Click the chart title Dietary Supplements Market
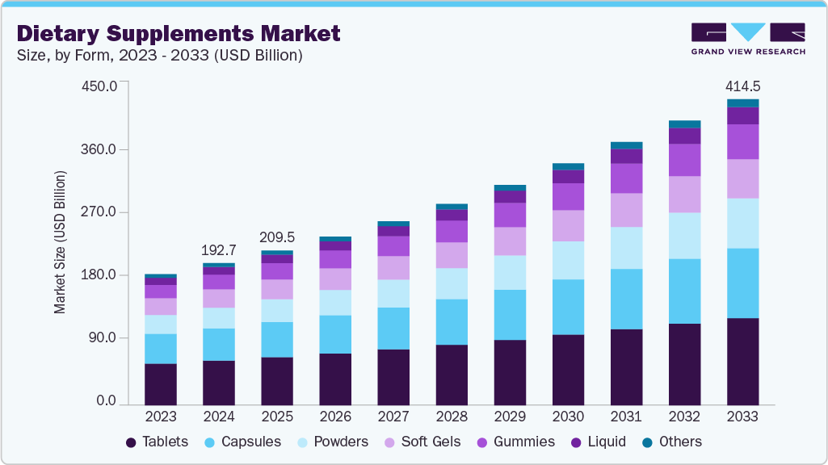[179, 33]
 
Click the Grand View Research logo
[747, 39]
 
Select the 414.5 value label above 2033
[742, 86]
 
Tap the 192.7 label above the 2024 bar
[219, 250]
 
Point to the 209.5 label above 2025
[277, 237]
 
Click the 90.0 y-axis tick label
[104, 338]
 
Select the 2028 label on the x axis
[452, 417]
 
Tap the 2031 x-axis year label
[626, 417]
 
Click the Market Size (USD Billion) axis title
[60, 242]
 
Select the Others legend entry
[672, 442]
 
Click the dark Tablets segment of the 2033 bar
[742, 361]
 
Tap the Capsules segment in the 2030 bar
[568, 307]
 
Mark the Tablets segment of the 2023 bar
[161, 383]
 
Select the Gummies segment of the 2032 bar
[684, 160]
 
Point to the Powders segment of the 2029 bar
[510, 272]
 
